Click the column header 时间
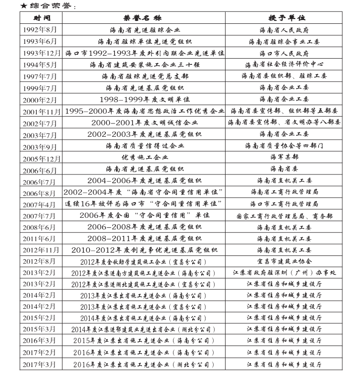41,18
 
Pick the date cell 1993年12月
41,53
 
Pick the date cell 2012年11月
41,250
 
